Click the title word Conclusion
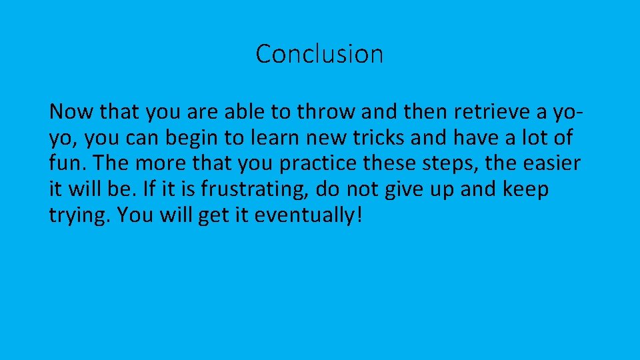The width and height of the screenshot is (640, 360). (x=319, y=54)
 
